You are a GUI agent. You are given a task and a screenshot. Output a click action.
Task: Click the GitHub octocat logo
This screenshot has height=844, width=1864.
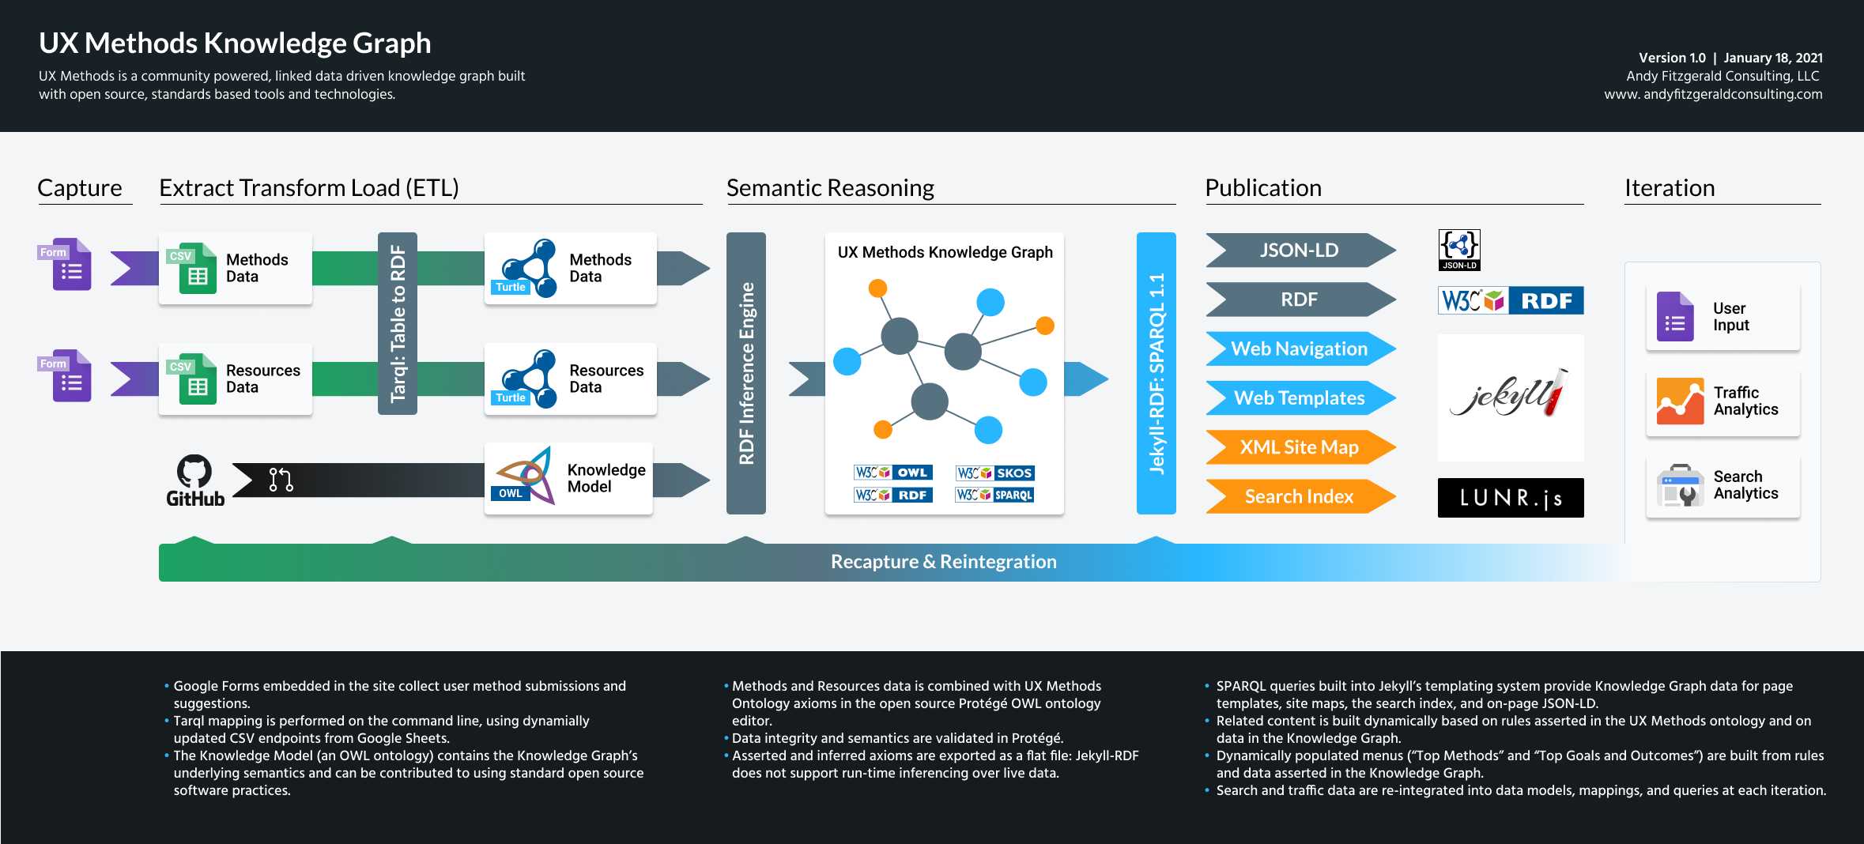click(194, 471)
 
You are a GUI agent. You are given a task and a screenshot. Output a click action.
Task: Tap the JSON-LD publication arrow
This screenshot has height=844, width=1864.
click(1299, 251)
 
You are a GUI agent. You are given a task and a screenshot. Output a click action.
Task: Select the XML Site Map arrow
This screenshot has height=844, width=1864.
click(1299, 447)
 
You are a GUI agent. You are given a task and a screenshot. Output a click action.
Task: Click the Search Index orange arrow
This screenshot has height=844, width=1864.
click(1299, 496)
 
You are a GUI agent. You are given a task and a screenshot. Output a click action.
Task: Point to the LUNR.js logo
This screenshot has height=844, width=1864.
click(1510, 498)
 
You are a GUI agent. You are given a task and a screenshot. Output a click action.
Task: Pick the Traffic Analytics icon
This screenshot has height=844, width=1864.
click(1680, 401)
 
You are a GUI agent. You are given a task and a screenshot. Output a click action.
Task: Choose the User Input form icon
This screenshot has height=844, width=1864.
click(1674, 317)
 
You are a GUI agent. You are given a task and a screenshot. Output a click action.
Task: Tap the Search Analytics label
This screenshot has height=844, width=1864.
click(1745, 484)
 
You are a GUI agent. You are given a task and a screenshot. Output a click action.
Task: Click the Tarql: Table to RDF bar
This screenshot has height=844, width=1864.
click(398, 323)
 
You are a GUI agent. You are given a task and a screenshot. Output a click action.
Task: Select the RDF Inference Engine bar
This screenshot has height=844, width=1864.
click(746, 373)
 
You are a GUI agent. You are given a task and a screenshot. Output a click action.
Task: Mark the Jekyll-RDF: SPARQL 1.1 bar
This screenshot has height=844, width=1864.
click(1156, 373)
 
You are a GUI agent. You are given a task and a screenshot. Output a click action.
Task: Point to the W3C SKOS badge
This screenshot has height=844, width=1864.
click(994, 473)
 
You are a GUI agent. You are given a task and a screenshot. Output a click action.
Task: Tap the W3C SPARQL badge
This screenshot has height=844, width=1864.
click(994, 495)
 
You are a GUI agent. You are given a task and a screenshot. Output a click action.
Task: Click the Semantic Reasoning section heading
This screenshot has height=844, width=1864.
click(830, 188)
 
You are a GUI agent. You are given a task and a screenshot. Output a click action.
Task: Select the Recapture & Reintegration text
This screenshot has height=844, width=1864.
click(943, 562)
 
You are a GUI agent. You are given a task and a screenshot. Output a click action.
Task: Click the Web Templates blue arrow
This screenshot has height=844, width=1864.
click(1299, 398)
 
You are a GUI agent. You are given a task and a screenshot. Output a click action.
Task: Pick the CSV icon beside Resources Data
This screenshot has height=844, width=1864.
click(194, 379)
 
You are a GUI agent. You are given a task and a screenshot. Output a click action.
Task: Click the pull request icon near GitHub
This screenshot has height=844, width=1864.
click(281, 480)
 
